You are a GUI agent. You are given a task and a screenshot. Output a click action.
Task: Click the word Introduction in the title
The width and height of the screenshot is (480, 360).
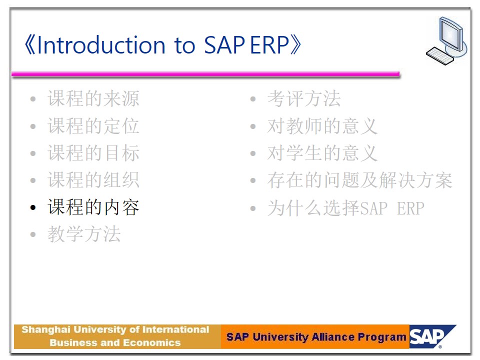pos(101,45)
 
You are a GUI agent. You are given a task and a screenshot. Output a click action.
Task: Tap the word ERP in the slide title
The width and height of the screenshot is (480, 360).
pos(269,45)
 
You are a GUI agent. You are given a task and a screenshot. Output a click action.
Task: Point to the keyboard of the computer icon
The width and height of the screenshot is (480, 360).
pos(440,55)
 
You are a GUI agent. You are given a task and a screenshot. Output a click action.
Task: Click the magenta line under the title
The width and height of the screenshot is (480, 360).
pos(205,74)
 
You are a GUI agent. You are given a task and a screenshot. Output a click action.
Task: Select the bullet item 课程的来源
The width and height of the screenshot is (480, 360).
pos(93,98)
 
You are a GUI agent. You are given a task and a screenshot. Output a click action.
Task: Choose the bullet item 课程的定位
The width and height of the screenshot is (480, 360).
pos(93,126)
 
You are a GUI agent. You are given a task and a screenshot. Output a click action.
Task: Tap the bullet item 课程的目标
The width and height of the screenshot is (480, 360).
pos(93,153)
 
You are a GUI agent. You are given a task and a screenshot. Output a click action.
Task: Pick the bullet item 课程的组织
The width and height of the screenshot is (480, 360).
pos(93,179)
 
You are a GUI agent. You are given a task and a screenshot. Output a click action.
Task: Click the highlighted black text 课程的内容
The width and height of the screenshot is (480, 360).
pos(93,207)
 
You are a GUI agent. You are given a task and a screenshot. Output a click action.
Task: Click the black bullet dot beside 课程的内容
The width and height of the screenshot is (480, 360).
pos(33,208)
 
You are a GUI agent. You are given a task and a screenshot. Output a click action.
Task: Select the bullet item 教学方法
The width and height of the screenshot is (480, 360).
pos(84,234)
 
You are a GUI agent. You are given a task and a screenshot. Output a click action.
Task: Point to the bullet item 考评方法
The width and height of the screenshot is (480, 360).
pos(304,98)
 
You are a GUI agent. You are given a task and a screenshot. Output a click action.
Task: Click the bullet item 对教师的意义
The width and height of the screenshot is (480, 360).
pos(322,126)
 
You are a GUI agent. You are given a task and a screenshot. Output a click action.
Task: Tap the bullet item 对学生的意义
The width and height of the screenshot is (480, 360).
pos(322,153)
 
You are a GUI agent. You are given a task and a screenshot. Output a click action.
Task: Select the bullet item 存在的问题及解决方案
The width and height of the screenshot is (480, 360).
pos(359,179)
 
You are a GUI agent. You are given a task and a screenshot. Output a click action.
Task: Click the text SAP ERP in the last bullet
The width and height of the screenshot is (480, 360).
pos(392,208)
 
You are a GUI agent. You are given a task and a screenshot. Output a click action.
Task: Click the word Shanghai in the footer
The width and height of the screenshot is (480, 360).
pos(46,330)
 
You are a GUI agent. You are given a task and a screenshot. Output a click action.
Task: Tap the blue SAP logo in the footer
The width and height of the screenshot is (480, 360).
pos(431,336)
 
